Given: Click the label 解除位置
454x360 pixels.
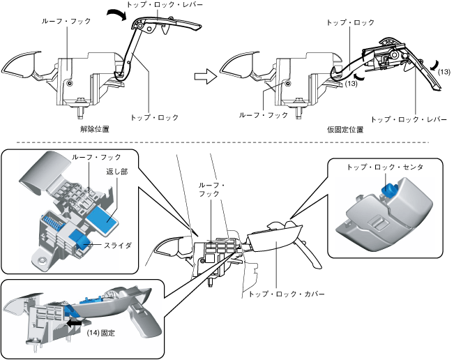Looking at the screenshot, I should [x=94, y=130].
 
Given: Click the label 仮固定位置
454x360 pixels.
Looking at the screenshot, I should [x=345, y=130].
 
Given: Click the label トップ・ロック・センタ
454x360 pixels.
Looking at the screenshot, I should [x=385, y=167].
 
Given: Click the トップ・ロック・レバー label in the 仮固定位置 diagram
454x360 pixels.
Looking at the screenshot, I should [x=405, y=119].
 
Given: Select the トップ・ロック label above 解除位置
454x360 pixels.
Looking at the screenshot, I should [x=154, y=117].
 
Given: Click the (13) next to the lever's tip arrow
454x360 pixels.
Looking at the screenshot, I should [x=444, y=72].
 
